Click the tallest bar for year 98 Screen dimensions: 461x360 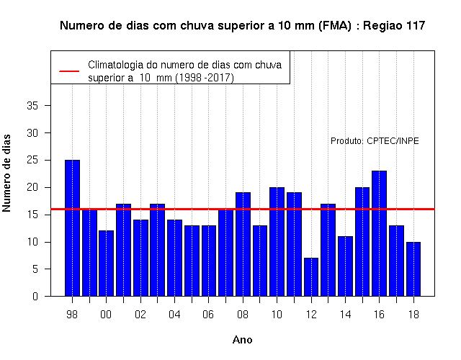click(72, 228)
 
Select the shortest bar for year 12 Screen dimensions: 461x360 click(311, 277)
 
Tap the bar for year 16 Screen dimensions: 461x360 click(380, 233)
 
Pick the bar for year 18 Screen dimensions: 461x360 click(413, 269)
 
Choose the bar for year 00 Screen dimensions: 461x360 click(106, 264)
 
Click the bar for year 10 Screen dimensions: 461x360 click(277, 242)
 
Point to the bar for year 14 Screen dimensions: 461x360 click(345, 266)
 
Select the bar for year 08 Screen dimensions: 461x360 click(243, 244)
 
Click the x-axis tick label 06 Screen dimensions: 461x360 click(208, 315)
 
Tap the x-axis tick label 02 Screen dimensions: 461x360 click(140, 315)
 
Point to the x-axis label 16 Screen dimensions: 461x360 click(380, 315)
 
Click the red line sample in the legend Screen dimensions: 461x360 click(69, 71)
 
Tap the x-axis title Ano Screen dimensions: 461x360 click(243, 340)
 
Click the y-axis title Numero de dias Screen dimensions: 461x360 click(6, 173)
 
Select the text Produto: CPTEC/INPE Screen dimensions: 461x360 click(375, 141)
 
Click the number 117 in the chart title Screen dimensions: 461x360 click(416, 26)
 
